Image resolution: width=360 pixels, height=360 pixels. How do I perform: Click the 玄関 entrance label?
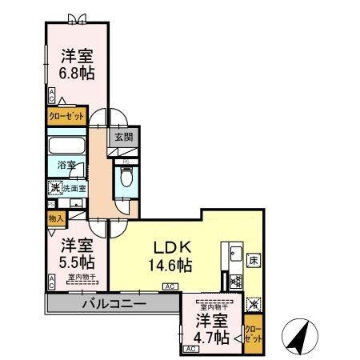point(120,136)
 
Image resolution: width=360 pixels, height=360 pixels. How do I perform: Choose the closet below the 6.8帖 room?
point(65,115)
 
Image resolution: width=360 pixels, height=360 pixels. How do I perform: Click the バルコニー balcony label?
point(112,305)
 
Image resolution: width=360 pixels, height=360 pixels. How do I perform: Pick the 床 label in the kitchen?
point(253,260)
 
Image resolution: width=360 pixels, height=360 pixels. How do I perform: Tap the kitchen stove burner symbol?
point(235,282)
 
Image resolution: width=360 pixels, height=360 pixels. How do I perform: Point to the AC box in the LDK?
point(170,286)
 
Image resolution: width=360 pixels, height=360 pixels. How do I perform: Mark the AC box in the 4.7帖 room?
point(191,350)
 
